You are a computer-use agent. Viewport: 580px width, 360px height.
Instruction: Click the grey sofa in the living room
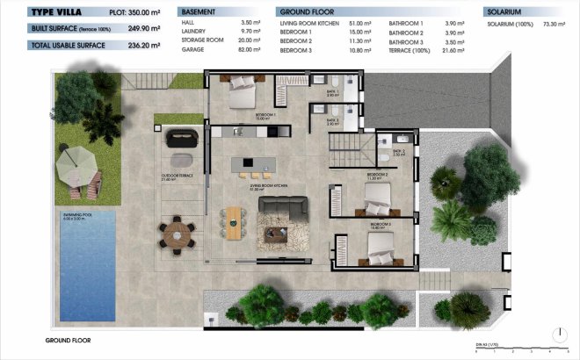click(283, 211)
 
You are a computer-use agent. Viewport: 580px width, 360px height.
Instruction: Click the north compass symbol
click(559, 334)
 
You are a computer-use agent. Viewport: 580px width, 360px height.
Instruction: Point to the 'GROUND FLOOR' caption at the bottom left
click(68, 339)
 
